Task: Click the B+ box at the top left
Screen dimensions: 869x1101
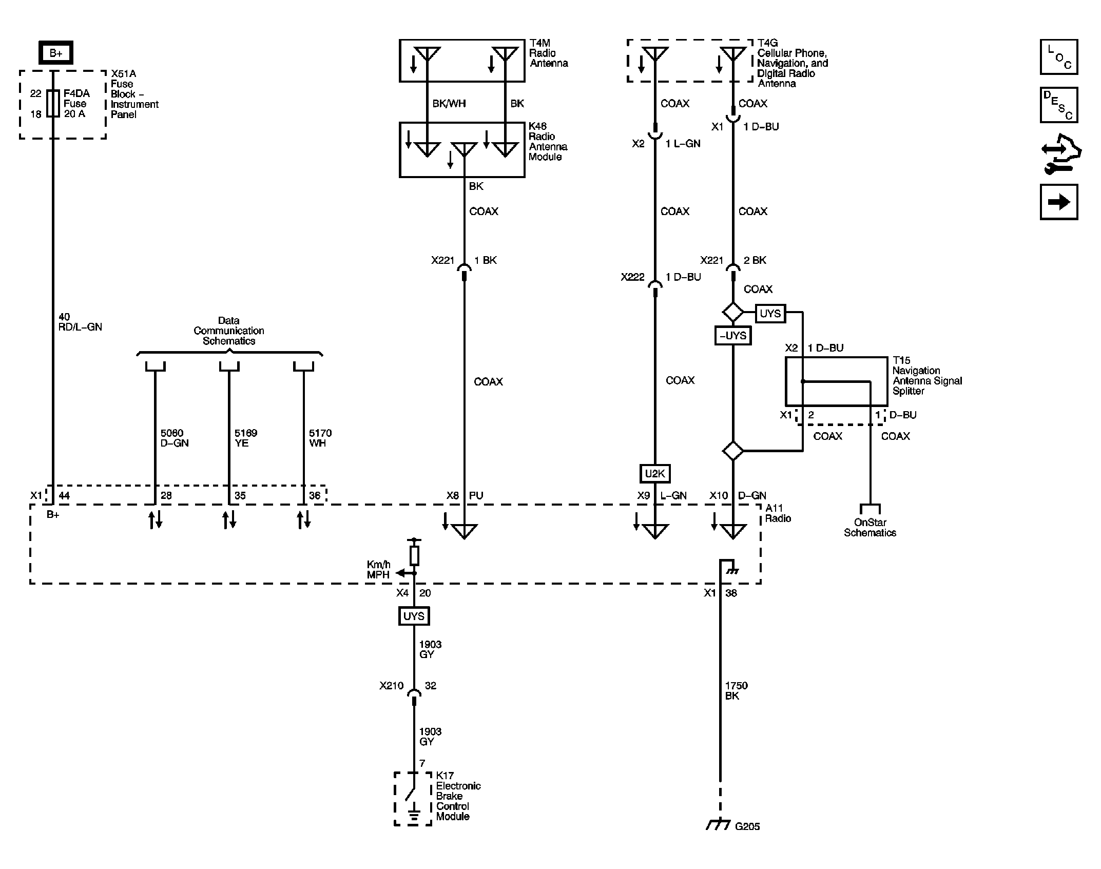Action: (x=56, y=52)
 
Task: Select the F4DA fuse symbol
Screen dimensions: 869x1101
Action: (x=53, y=103)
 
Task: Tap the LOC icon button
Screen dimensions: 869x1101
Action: (x=1058, y=56)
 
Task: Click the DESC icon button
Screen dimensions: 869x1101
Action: (x=1058, y=105)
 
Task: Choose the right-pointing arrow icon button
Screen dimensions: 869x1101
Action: (x=1058, y=202)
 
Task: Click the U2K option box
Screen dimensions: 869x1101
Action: (x=654, y=473)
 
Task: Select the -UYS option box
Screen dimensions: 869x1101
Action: (x=732, y=336)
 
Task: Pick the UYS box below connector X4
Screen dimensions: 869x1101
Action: (x=414, y=616)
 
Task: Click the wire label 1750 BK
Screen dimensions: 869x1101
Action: (x=736, y=690)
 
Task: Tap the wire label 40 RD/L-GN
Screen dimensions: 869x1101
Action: (x=80, y=322)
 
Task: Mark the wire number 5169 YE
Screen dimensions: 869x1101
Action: (x=245, y=438)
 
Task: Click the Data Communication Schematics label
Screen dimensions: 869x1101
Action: (x=228, y=331)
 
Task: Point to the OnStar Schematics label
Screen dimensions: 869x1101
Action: (x=870, y=527)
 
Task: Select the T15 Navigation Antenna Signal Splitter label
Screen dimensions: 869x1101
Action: (x=926, y=376)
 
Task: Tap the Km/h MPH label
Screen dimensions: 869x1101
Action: (x=378, y=570)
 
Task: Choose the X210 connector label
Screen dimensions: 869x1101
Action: (x=391, y=685)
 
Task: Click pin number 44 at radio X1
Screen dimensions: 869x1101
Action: (x=64, y=495)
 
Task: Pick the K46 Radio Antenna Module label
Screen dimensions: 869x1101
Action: (x=548, y=141)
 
